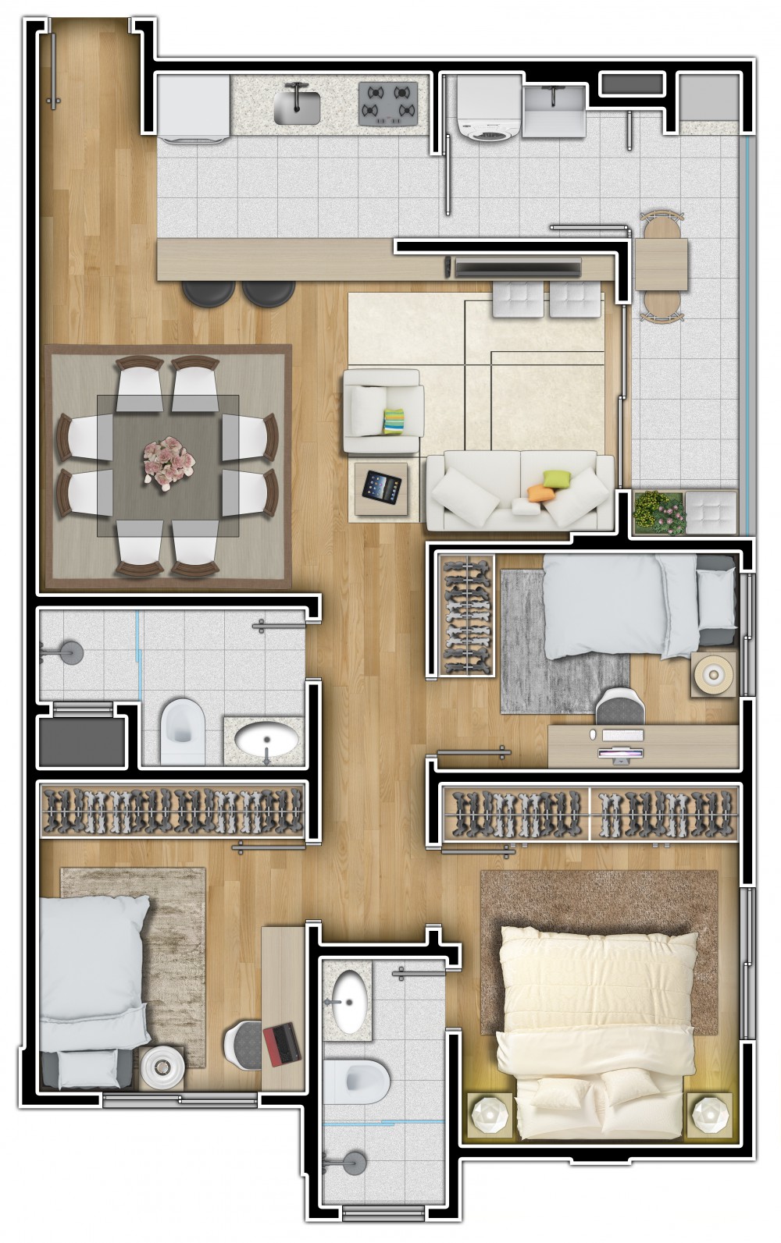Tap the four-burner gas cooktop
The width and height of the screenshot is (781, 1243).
[x=388, y=103]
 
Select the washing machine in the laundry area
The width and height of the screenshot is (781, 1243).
[x=488, y=109]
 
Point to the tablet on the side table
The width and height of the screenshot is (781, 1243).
[x=381, y=488]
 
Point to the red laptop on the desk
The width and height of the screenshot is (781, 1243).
[x=282, y=1044]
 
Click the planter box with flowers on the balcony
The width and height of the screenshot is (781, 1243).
[x=658, y=513]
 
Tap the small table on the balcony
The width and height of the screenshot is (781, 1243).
[x=661, y=265]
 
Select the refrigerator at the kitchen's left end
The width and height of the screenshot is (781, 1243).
[x=194, y=108]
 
